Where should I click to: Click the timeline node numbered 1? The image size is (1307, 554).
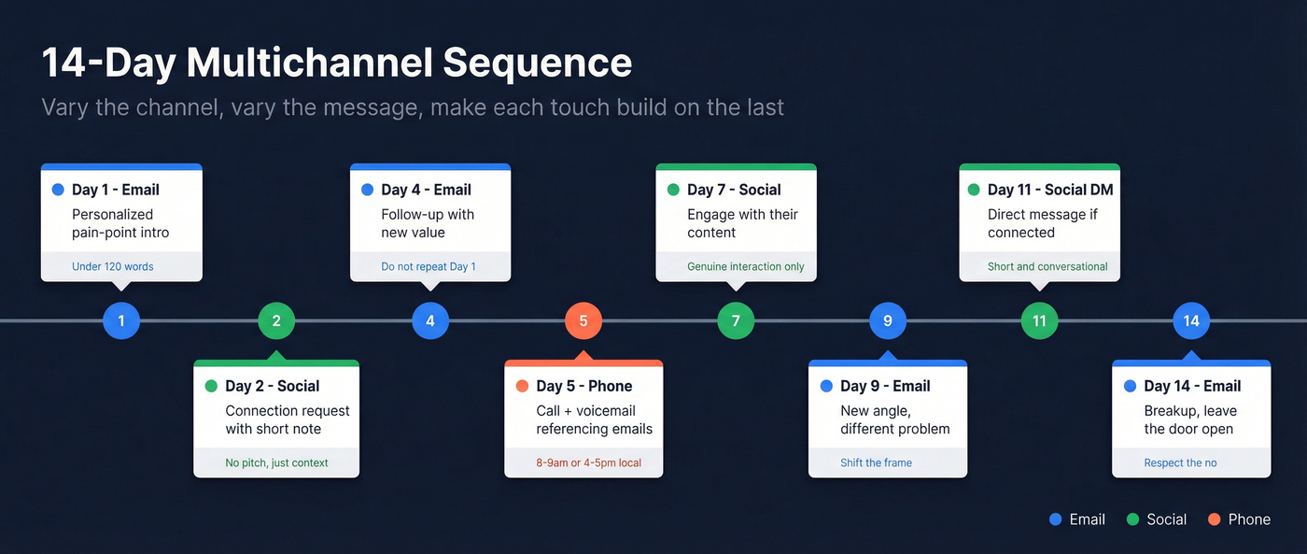click(121, 321)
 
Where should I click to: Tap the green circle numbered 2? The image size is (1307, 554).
click(276, 321)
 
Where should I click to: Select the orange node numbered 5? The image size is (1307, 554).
click(583, 321)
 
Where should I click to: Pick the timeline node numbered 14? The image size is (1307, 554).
click(1191, 321)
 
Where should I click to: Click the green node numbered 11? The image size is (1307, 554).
click(1039, 321)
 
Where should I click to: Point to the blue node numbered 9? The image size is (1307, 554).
click(888, 321)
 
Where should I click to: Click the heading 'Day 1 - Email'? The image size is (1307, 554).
click(116, 190)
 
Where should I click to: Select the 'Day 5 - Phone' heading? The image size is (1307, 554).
click(583, 386)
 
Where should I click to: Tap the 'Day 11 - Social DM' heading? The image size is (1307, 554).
click(1050, 190)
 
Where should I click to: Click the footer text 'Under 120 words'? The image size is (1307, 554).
click(113, 266)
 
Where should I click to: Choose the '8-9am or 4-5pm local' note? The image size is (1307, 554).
click(588, 462)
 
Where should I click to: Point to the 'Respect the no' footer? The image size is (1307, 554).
click(1180, 462)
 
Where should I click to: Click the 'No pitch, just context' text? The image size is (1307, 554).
click(276, 462)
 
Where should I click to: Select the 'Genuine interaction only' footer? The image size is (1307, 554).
click(746, 266)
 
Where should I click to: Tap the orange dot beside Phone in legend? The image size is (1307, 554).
click(1214, 519)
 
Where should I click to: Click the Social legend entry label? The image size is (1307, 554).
click(1166, 519)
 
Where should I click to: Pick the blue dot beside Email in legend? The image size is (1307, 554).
click(1056, 519)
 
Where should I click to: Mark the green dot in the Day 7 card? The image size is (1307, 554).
click(673, 190)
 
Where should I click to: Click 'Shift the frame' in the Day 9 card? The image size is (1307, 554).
click(876, 462)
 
